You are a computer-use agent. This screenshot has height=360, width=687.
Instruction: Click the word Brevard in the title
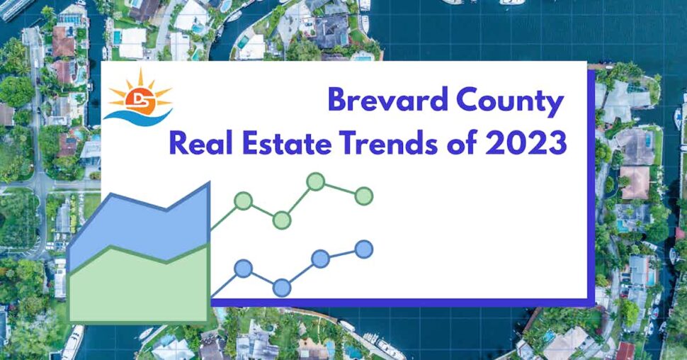(x=383, y=101)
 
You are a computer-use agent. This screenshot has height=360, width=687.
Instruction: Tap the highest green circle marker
(x=315, y=182)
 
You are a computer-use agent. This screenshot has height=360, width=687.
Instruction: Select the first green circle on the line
(x=243, y=201)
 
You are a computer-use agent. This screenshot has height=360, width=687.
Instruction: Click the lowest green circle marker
(x=281, y=220)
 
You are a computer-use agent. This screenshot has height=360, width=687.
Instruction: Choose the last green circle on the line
(x=363, y=196)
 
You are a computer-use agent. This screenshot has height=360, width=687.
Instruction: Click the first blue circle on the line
(x=243, y=269)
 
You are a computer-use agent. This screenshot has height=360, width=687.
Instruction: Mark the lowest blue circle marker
(x=281, y=288)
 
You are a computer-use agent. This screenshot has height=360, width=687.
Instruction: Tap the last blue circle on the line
(x=363, y=249)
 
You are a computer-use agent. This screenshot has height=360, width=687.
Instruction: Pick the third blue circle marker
(x=320, y=259)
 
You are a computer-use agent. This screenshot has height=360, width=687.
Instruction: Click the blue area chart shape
(x=142, y=227)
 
